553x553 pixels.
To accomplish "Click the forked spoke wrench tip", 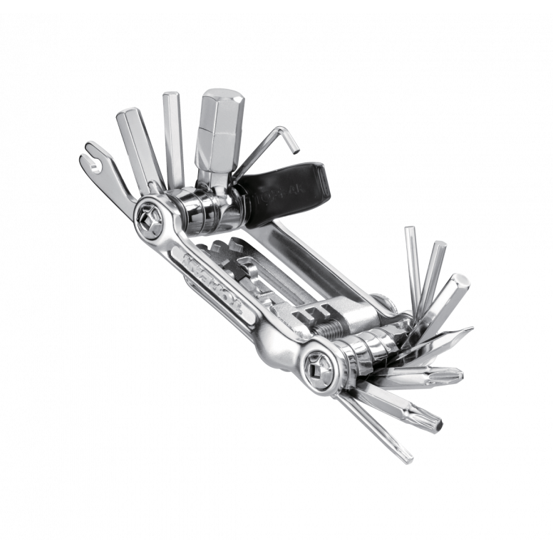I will [x=91, y=153].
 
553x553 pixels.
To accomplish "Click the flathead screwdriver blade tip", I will [x=460, y=334].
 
